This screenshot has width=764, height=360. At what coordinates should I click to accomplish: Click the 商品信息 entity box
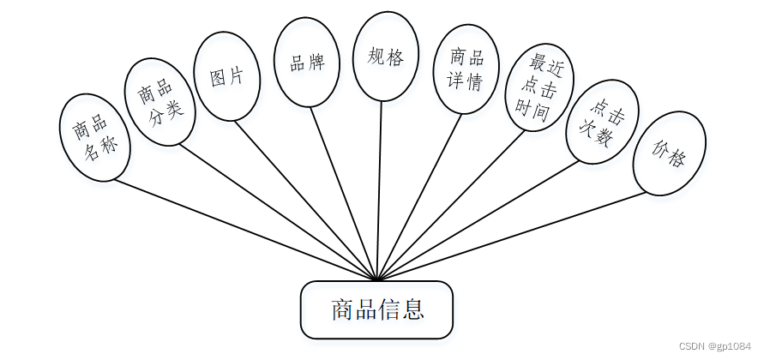pos(376,309)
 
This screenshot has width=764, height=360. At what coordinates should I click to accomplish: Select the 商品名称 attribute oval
pos(95,137)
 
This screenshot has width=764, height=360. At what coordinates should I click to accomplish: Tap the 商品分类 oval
pos(160,102)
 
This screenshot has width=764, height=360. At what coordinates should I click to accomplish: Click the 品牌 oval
pos(306,63)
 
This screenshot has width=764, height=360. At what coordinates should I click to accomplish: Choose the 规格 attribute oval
pos(386,56)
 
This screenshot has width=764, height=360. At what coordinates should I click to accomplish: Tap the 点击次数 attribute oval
pos(602,121)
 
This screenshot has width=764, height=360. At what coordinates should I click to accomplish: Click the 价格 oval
pos(669,153)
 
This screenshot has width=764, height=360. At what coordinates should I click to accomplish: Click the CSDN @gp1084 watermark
pos(715,345)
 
